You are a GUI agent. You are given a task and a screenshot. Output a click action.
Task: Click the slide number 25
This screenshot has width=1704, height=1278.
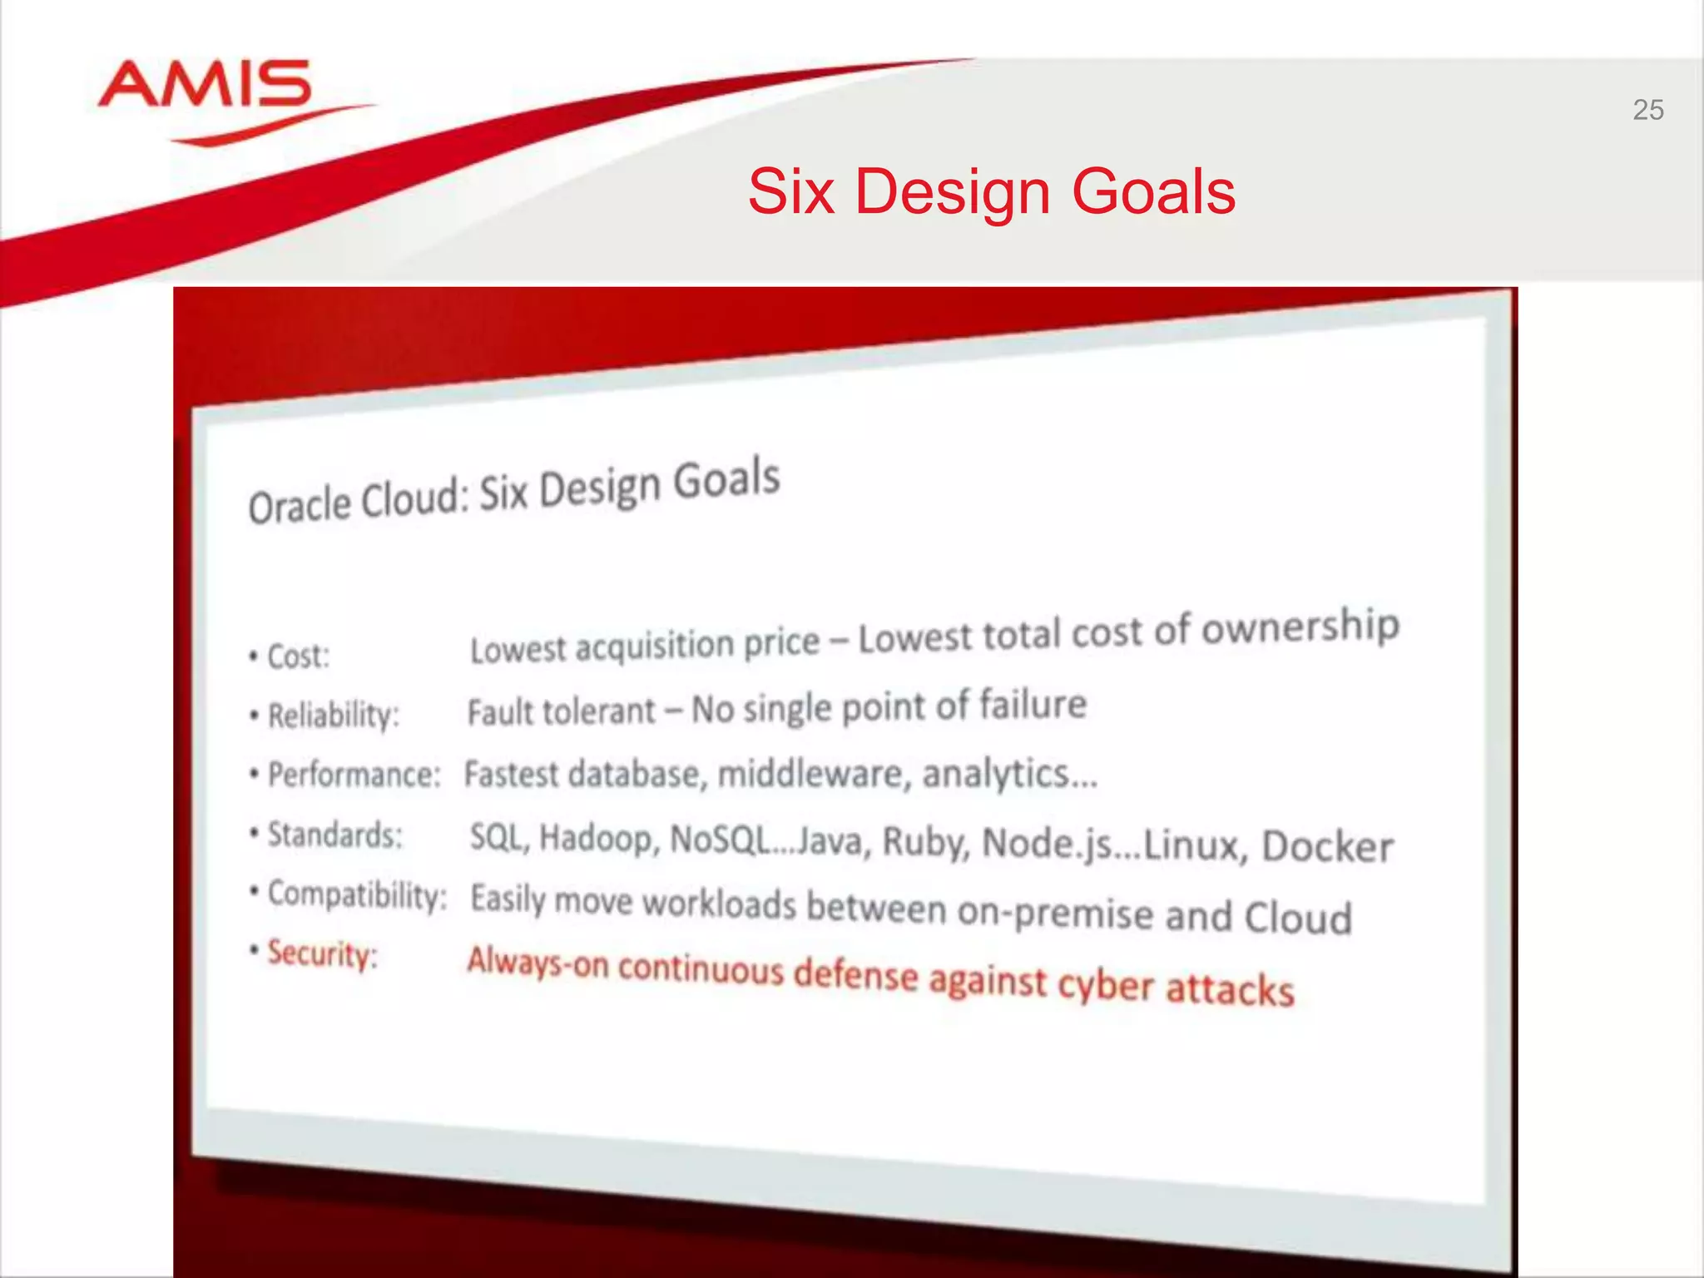(1647, 110)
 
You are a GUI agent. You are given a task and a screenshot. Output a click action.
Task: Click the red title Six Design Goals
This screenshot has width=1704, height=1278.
(991, 192)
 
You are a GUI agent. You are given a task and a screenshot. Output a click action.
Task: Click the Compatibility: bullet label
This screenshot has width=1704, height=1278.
(357, 895)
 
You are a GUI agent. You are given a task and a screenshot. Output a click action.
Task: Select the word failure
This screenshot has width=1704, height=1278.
(1032, 705)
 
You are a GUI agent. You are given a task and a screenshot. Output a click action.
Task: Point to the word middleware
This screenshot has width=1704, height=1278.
(812, 775)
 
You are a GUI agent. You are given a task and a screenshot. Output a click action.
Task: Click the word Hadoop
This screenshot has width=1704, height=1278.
(598, 838)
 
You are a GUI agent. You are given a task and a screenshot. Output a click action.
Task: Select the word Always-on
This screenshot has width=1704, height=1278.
(537, 963)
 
